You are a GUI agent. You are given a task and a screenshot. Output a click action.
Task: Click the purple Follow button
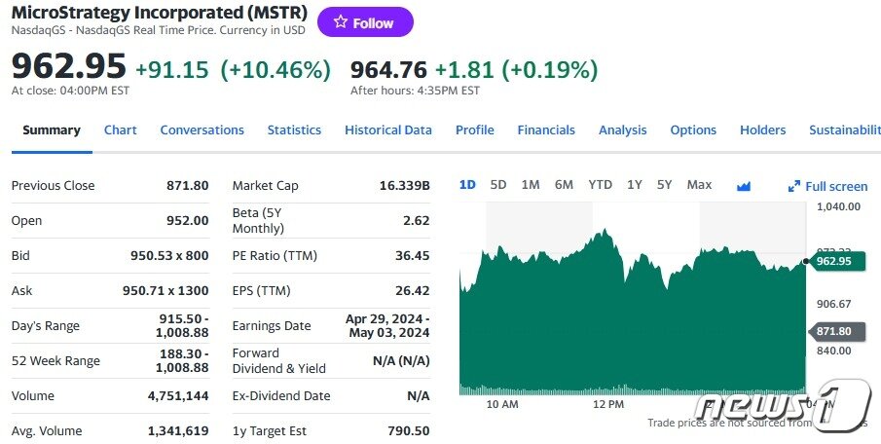[x=365, y=22]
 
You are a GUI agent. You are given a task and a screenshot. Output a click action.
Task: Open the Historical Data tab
[x=387, y=129]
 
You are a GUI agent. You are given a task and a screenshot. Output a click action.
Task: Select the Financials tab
[x=545, y=129]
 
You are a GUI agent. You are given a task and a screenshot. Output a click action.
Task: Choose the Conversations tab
[x=202, y=129]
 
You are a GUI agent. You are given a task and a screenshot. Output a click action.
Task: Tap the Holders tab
[x=762, y=129]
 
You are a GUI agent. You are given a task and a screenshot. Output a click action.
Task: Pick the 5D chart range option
[x=498, y=184]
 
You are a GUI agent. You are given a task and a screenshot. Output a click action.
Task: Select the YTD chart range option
[x=600, y=184]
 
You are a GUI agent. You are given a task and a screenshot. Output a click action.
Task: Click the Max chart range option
[x=699, y=184]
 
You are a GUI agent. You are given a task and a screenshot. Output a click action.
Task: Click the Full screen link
[x=827, y=186]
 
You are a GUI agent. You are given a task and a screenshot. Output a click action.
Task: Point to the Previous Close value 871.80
[x=188, y=185]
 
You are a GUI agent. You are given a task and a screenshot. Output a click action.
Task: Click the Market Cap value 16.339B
[x=404, y=185]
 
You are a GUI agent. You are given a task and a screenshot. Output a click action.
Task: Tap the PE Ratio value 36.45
[x=410, y=255]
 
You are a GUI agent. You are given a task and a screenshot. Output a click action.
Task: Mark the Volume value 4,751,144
[x=177, y=395]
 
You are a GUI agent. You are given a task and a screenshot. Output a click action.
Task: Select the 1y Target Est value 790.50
[x=409, y=430]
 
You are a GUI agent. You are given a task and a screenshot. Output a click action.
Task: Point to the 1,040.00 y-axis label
[x=837, y=206]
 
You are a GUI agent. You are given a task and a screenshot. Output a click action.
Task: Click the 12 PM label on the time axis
[x=607, y=403]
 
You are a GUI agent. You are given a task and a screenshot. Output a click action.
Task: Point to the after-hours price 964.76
[x=388, y=69]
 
